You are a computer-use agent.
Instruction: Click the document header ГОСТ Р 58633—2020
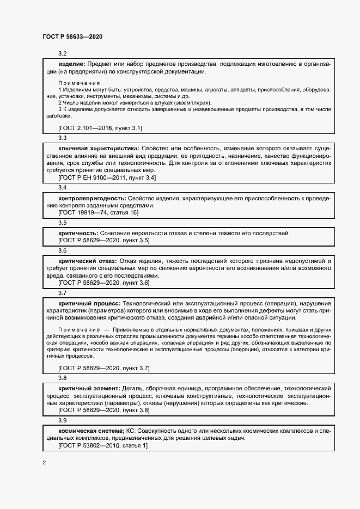pos(72,36)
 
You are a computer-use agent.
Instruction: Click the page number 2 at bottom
pos(44,463)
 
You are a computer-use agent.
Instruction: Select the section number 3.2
pos(62,53)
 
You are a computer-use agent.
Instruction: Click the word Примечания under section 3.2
pos(79,83)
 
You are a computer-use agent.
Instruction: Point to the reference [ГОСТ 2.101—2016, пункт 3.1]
pos(100,128)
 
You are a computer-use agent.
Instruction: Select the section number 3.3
pos(62,138)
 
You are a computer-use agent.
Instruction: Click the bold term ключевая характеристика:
pos(99,148)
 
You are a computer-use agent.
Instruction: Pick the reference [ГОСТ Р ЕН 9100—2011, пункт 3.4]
pos(107,177)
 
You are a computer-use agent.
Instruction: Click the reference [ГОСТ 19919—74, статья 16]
pos(99,213)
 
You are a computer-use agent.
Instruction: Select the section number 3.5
pos(62,223)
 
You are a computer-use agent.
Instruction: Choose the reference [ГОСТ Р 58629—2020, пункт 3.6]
pos(103,283)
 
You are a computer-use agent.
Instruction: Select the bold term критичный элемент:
pos(89,388)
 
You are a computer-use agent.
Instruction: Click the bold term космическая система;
pos(91,431)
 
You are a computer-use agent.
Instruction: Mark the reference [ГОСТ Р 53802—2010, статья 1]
pos(102,445)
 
